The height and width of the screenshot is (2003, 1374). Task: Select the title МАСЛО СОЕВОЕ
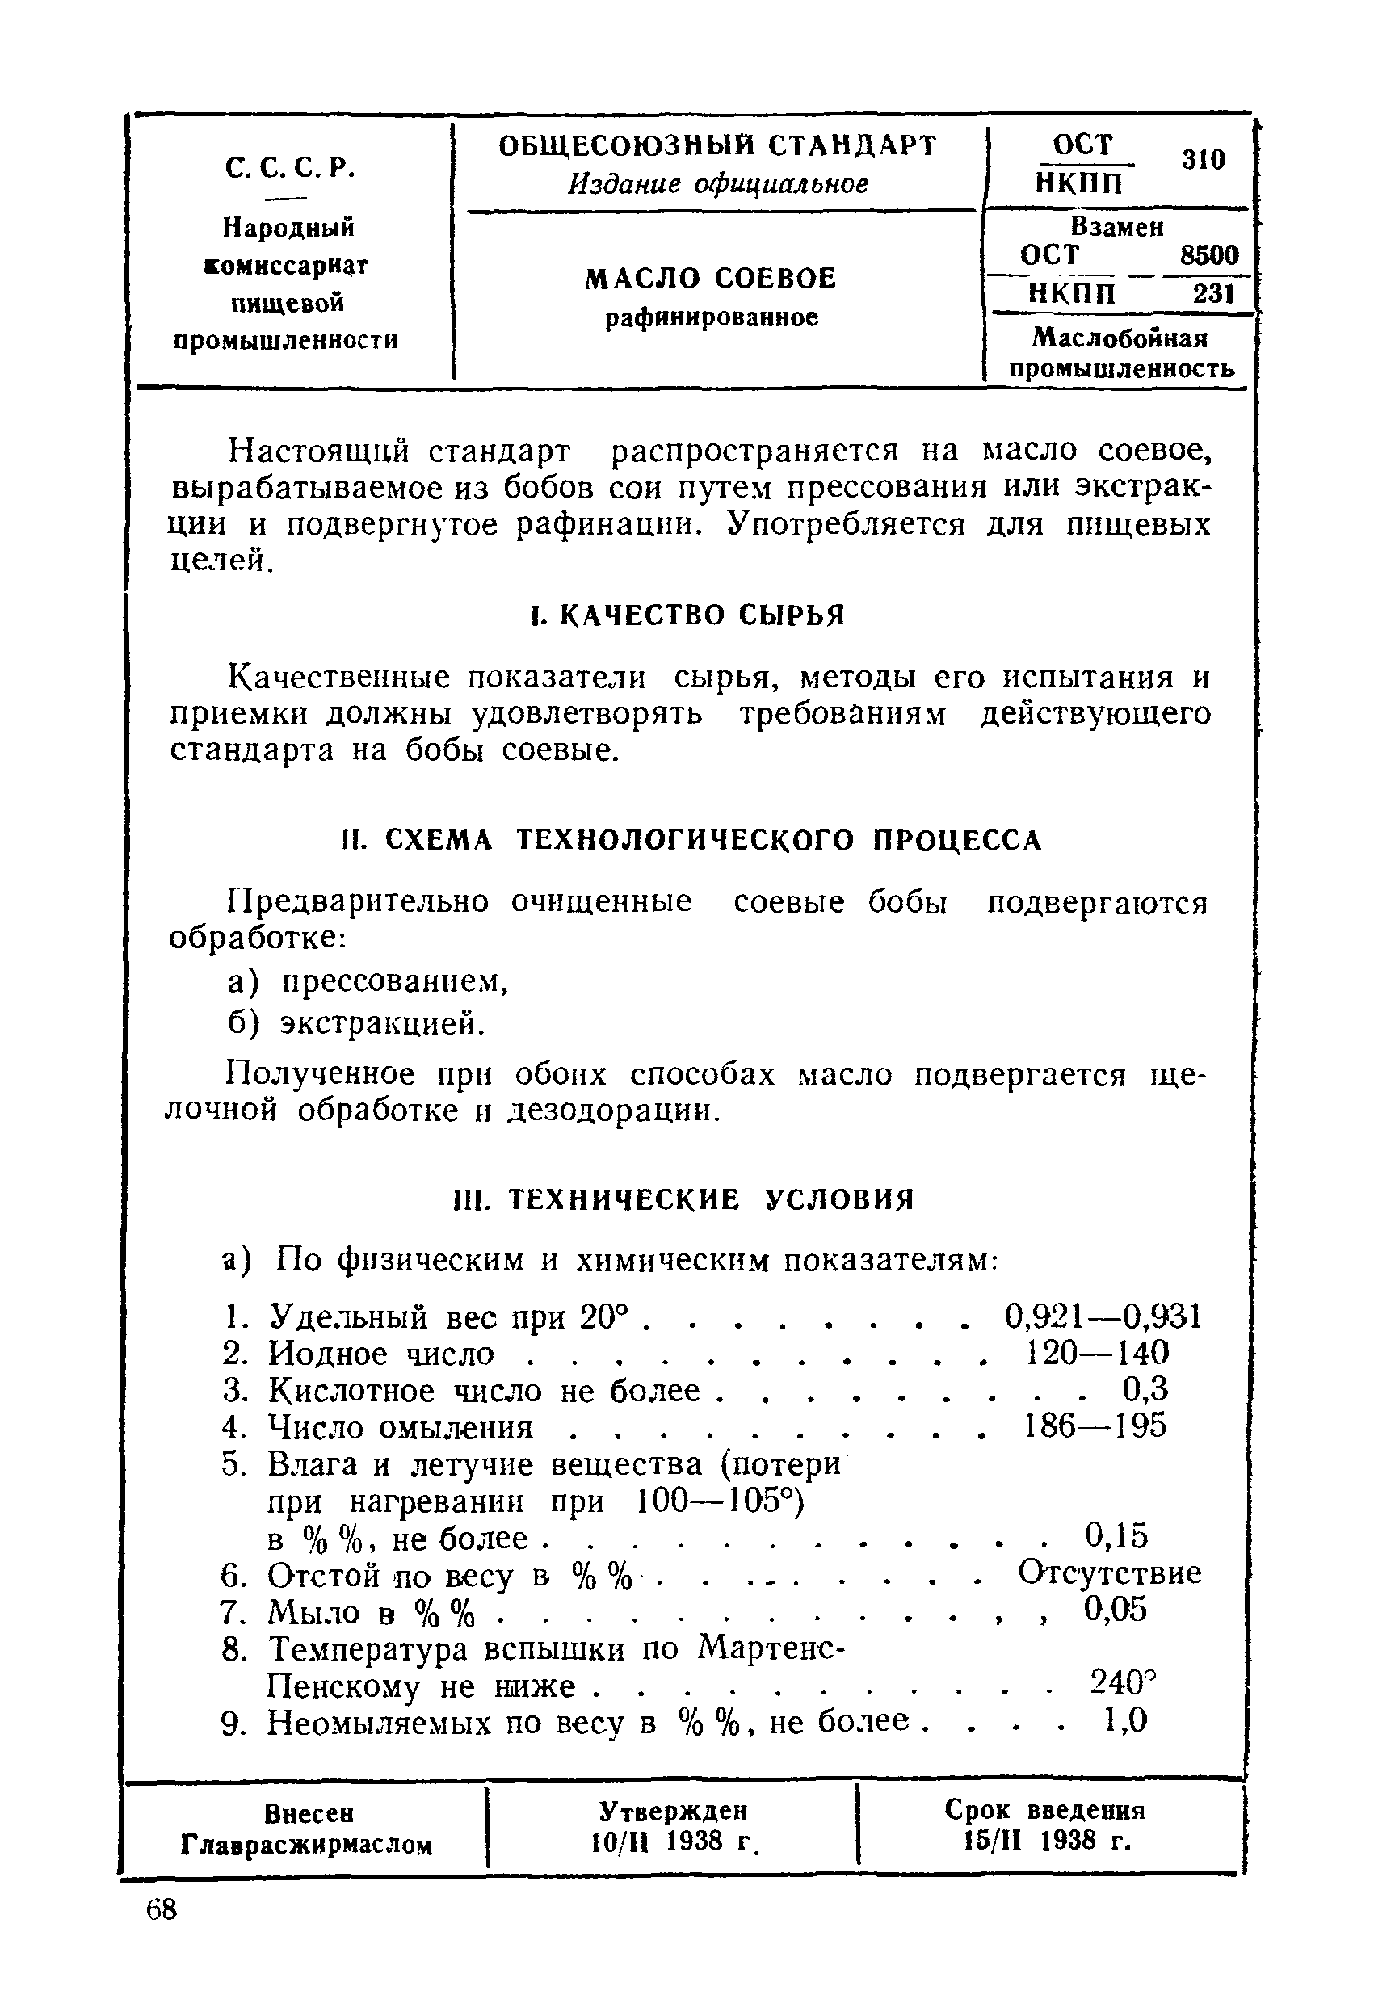point(710,279)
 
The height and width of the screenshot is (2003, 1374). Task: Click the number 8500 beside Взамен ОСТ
point(1208,255)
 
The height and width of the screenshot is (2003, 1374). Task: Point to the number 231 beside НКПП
point(1214,295)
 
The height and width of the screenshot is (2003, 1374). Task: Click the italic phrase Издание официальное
point(718,184)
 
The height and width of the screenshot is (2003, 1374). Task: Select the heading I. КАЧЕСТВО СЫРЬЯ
point(686,615)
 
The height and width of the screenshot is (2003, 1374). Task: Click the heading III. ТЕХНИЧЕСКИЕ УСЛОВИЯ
point(683,1199)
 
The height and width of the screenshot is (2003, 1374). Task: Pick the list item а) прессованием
point(368,981)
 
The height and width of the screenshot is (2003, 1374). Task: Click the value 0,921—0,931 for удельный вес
point(1103,1317)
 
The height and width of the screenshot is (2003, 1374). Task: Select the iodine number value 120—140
point(1096,1353)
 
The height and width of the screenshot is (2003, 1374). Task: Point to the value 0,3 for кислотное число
point(1145,1389)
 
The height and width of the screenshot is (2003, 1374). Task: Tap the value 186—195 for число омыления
point(1095,1426)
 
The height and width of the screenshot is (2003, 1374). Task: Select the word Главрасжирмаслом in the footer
point(306,1845)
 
